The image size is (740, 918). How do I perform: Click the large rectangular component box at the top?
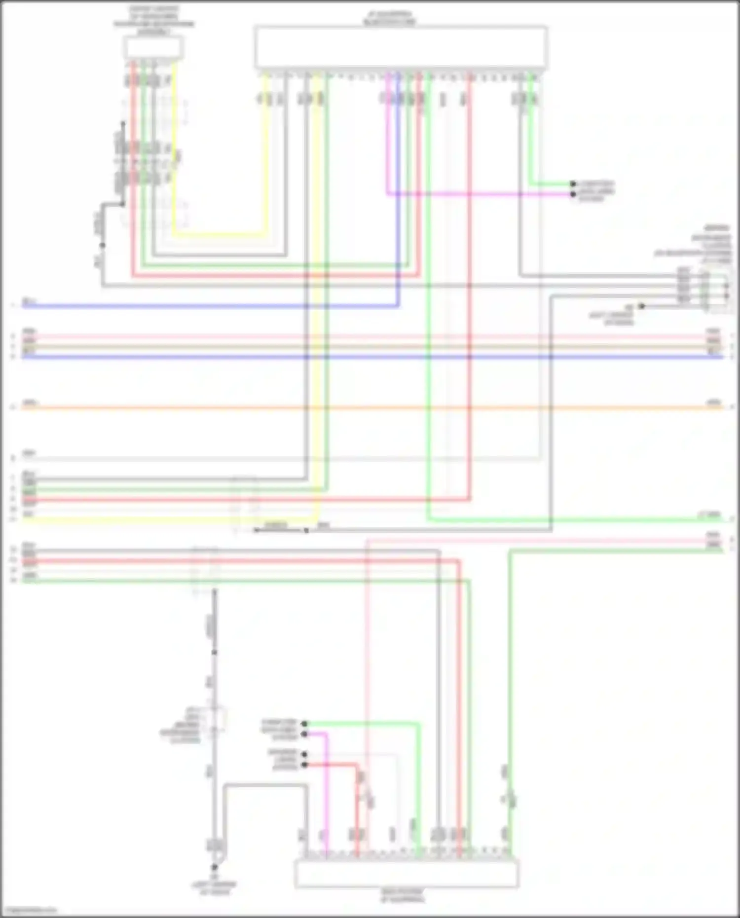tap(401, 47)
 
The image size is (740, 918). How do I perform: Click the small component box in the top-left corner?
tap(153, 48)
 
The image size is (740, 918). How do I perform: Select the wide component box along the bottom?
tap(407, 874)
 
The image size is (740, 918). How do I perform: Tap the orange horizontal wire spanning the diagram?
tap(370, 408)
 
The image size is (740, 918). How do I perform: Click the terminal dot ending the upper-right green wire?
tap(573, 184)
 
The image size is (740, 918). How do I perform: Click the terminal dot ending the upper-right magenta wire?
tap(573, 194)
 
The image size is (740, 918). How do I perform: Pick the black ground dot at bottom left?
tap(214, 867)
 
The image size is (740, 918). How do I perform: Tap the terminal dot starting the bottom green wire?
tap(304, 724)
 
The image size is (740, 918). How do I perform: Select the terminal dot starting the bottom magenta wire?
tap(304, 734)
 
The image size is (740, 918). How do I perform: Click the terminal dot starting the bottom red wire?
tap(304, 765)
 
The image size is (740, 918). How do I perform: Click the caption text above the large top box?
tap(389, 19)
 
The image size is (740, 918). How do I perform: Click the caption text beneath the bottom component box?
tap(402, 895)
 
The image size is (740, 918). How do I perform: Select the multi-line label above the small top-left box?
tap(154, 20)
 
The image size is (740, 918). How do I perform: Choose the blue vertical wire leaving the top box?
tap(398, 197)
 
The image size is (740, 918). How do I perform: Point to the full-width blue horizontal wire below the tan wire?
tap(370, 357)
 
